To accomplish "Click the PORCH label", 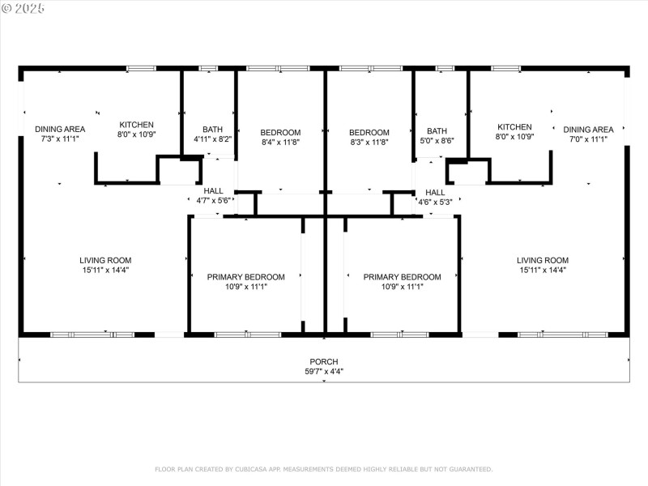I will [x=324, y=361].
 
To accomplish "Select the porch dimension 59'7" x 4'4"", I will [x=324, y=372].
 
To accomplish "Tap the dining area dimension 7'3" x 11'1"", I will [x=60, y=139].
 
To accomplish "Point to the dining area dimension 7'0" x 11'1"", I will [x=588, y=139].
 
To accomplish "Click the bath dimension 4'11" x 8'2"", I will [x=213, y=139].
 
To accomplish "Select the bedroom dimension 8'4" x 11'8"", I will [x=280, y=143].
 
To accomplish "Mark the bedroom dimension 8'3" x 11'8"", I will [x=369, y=143].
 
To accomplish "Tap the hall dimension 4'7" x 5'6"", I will [x=214, y=200].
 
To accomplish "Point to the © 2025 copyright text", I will [x=23, y=8].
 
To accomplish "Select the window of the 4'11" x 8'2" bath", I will [x=208, y=68].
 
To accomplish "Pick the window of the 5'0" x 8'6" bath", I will [x=445, y=68].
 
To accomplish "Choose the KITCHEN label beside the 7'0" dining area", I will [x=514, y=127].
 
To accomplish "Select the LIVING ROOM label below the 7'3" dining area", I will [x=104, y=260].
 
